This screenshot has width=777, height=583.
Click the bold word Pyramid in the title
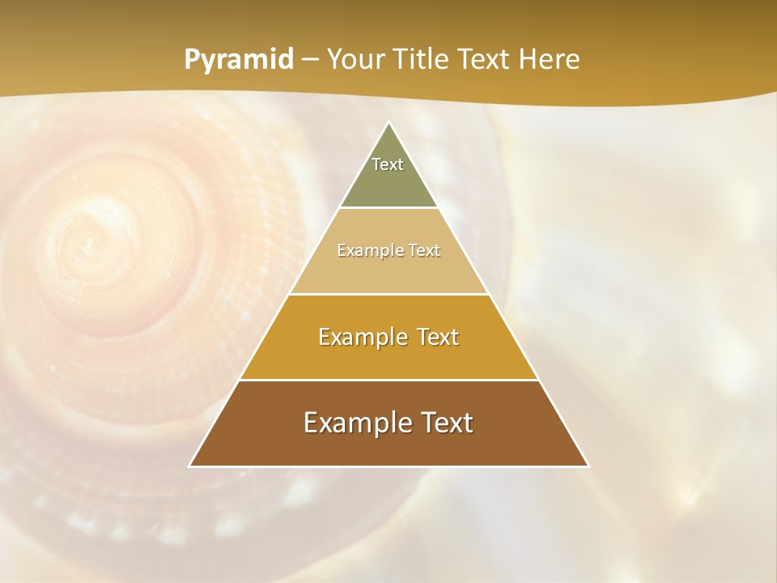point(239,60)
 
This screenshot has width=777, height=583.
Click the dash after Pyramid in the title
point(310,60)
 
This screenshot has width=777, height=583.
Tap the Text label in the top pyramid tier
point(388,164)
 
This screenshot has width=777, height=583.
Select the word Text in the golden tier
point(437,337)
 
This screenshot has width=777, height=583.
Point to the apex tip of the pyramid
point(389,123)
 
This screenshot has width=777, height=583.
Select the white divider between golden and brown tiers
point(389,380)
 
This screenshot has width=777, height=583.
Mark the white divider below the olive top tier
point(389,208)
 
